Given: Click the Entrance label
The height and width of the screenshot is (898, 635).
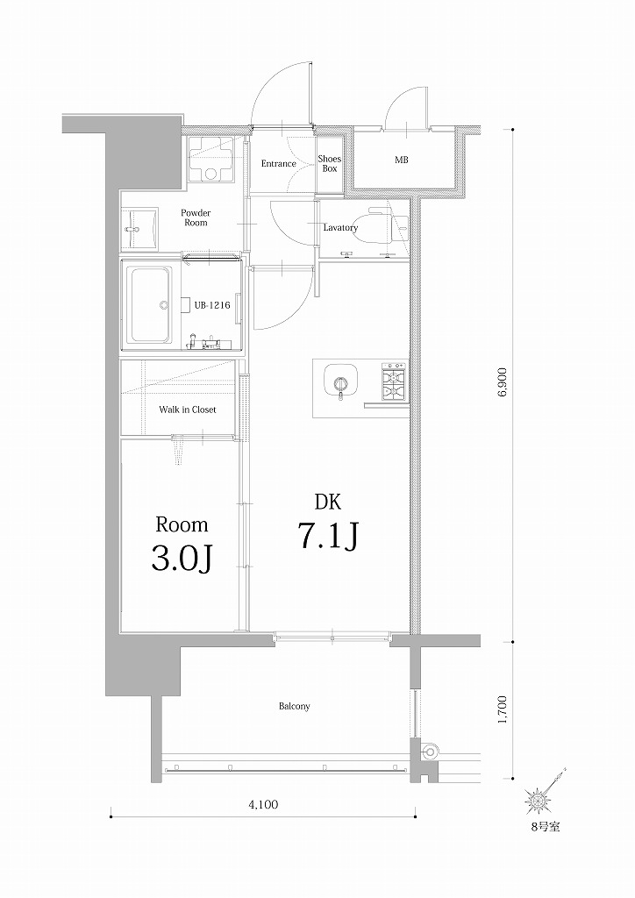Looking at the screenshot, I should [x=279, y=164].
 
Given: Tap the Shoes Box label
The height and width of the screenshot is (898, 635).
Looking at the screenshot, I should [x=330, y=164].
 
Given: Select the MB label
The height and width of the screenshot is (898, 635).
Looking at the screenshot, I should [x=402, y=160].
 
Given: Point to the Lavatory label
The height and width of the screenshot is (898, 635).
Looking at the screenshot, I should [x=340, y=228].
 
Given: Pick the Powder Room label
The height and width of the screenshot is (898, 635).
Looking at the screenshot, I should [x=196, y=217].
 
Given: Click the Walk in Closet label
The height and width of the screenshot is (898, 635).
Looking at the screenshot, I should [x=187, y=410].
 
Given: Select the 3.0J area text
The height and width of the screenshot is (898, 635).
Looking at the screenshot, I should [x=182, y=557].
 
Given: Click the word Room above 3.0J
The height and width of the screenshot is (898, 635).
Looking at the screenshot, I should [x=182, y=524].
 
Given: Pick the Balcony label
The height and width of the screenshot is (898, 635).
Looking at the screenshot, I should [x=294, y=706].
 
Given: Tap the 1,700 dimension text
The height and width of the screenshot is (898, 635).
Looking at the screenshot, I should [x=502, y=709].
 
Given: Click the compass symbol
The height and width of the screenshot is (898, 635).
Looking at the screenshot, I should [x=537, y=800].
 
